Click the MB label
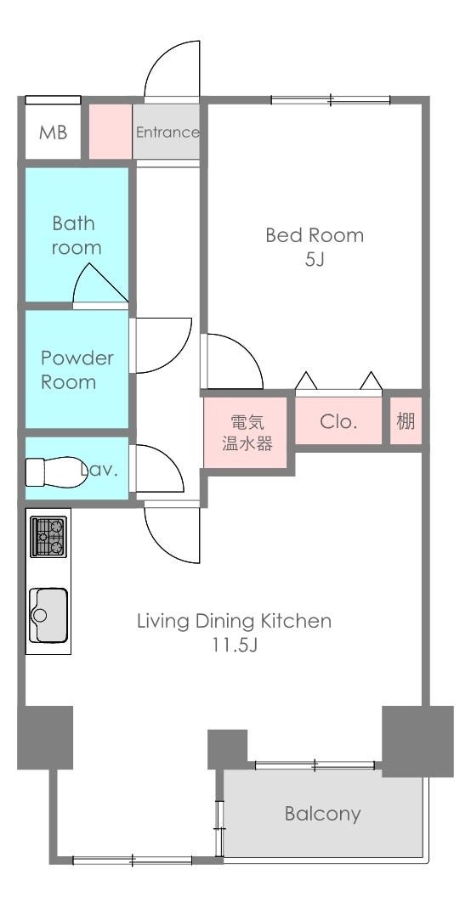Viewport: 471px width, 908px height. point(53,133)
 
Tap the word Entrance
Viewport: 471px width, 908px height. point(167,132)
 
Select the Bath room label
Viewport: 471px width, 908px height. point(76,235)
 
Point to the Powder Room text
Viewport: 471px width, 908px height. point(77,369)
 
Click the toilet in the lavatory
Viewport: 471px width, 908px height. point(55,471)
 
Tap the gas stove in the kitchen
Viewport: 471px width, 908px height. point(48,537)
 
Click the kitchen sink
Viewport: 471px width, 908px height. point(48,615)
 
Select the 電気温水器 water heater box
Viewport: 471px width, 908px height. point(246,432)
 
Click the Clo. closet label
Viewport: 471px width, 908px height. point(338,421)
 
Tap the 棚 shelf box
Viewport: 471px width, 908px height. point(406,421)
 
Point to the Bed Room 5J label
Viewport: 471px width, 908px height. point(315,247)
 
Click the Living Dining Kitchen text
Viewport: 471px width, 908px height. point(234,622)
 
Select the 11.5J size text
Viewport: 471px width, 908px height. point(234,646)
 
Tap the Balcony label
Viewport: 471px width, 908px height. point(323,814)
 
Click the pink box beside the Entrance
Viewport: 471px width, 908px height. point(110,132)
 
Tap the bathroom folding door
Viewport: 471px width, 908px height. point(100,283)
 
